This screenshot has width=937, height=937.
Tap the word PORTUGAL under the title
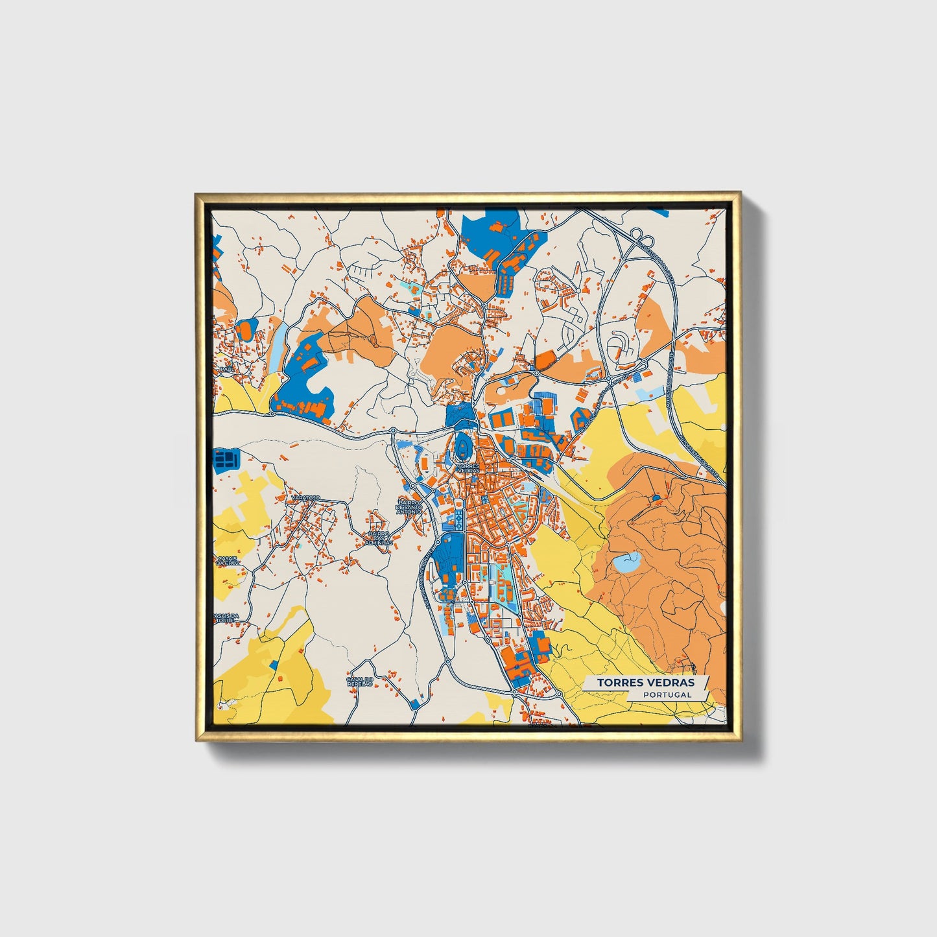tap(667, 694)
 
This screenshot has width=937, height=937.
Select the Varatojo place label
tap(305, 497)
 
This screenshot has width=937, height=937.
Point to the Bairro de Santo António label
tap(410, 507)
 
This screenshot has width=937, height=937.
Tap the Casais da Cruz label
tap(227, 561)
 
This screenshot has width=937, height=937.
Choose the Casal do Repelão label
tap(361, 682)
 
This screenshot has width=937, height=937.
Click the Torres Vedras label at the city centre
tap(468, 468)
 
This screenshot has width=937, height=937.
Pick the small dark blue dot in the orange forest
tap(656, 498)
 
